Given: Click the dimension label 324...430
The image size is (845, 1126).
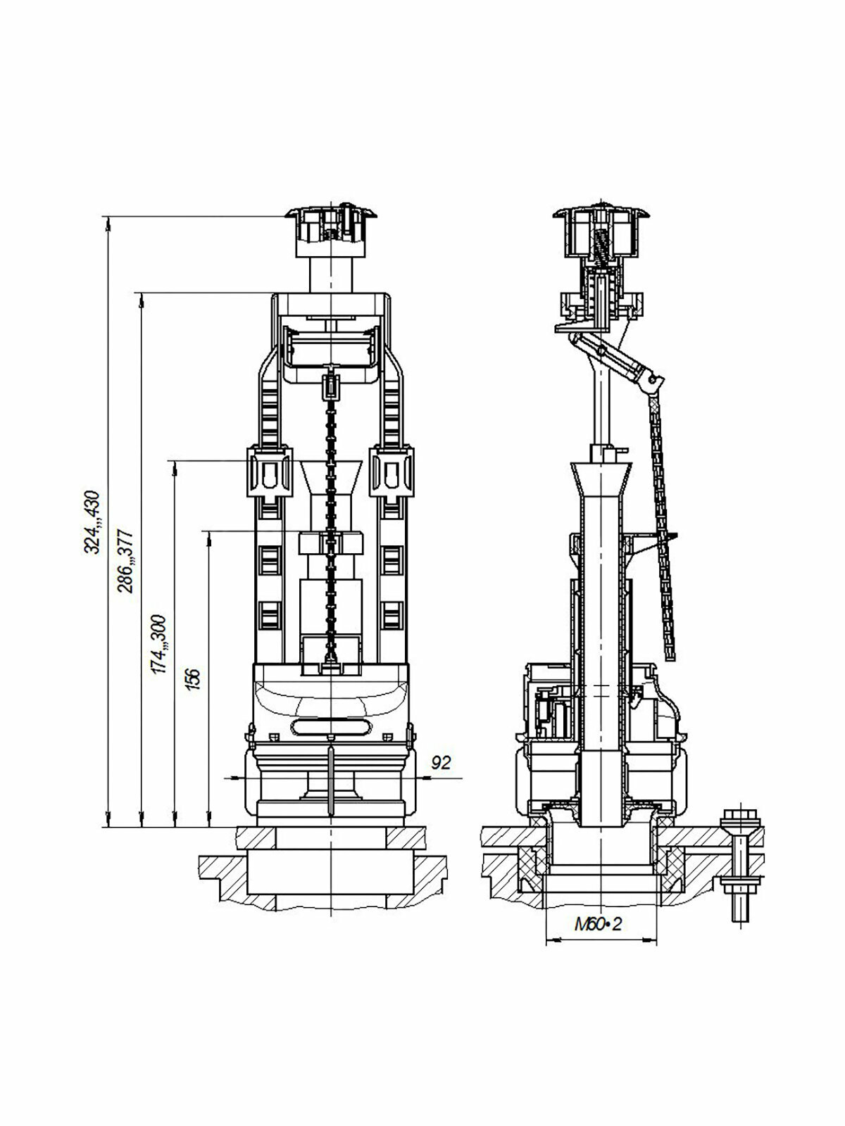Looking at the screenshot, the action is [x=93, y=522].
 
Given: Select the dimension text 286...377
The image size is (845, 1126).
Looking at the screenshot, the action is [x=126, y=561].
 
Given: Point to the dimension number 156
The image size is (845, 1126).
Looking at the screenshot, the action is [x=193, y=679].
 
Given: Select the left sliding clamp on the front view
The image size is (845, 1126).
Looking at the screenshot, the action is [x=270, y=472].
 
